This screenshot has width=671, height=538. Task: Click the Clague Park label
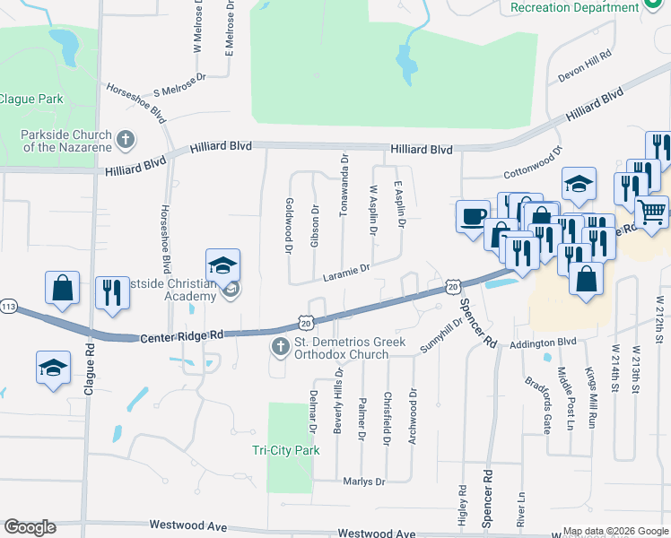[26, 99]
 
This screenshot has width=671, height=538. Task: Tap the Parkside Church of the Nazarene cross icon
[126, 140]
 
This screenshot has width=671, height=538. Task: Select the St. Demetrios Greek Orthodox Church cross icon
[279, 346]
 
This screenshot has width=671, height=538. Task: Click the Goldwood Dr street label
[290, 226]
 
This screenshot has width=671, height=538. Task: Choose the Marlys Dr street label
[364, 482]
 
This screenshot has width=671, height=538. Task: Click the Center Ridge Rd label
[181, 336]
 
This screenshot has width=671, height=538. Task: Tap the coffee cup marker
[473, 216]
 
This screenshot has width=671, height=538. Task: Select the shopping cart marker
[651, 212]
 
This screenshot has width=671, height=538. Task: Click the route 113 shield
[7, 305]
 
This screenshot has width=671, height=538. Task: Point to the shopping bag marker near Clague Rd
[63, 288]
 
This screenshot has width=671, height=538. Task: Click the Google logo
[30, 527]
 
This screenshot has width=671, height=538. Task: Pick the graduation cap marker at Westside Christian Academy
[222, 265]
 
